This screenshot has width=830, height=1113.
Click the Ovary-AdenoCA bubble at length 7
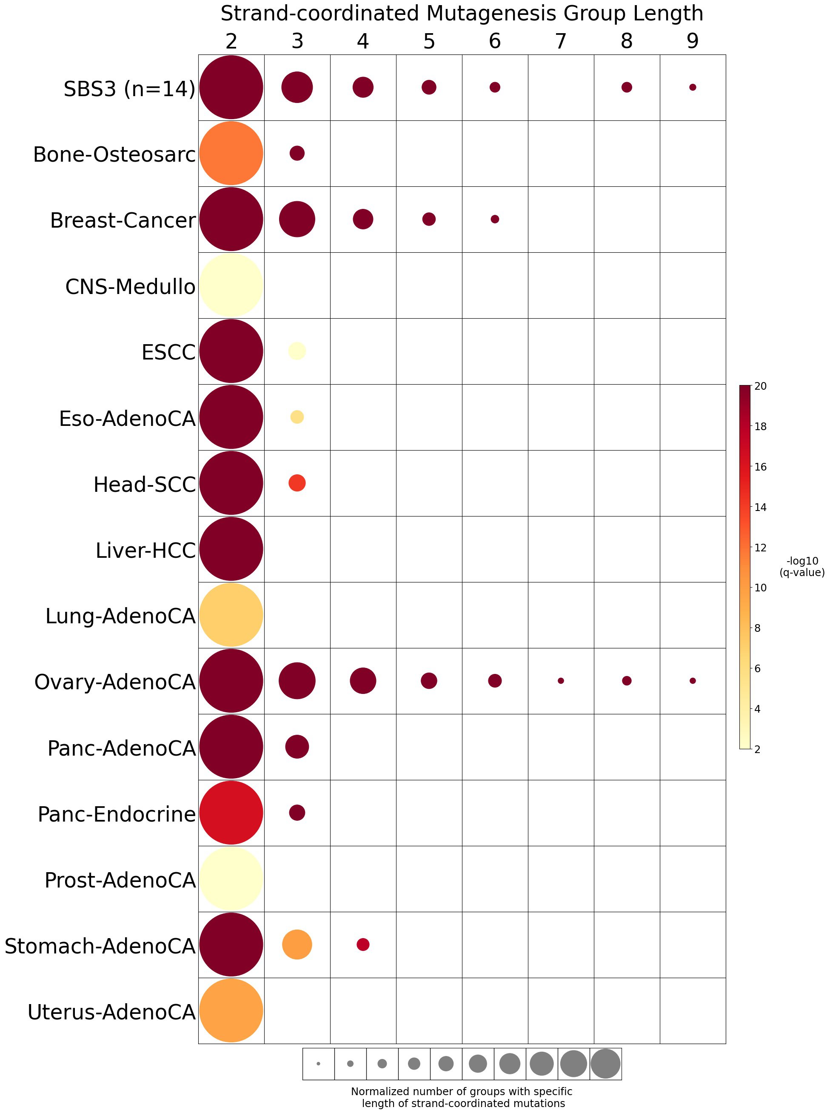tap(561, 680)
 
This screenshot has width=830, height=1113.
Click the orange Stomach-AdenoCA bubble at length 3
tap(297, 945)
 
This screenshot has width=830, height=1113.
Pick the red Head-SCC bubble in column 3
tap(297, 483)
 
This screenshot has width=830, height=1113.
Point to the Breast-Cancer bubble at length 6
tap(495, 219)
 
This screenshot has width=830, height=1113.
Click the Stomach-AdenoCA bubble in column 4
tap(363, 944)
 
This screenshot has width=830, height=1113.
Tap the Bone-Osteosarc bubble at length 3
tap(297, 153)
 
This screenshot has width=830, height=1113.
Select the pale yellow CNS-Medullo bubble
tap(231, 285)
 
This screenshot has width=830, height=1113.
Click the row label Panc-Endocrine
tap(117, 814)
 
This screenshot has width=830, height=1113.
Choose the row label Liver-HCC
tap(145, 550)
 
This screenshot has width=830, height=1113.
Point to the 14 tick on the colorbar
tap(760, 507)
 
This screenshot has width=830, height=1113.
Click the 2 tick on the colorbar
tap(757, 749)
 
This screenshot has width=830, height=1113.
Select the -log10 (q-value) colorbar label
tap(802, 567)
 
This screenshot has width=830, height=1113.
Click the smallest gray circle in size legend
tap(318, 1064)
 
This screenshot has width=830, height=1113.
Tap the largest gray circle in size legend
tap(605, 1064)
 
